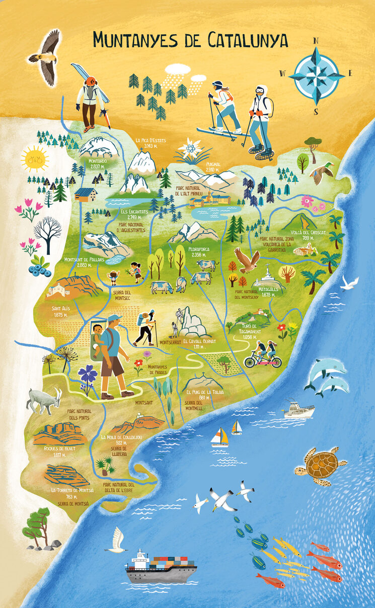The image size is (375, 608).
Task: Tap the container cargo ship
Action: click(161, 568)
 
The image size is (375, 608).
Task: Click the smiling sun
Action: click(35, 159)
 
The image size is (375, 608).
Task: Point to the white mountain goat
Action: click(44, 400)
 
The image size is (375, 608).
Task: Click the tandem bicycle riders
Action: click(263, 354)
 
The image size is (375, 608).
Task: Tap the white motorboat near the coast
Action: click(298, 410)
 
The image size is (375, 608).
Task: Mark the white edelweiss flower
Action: click(190, 148)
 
